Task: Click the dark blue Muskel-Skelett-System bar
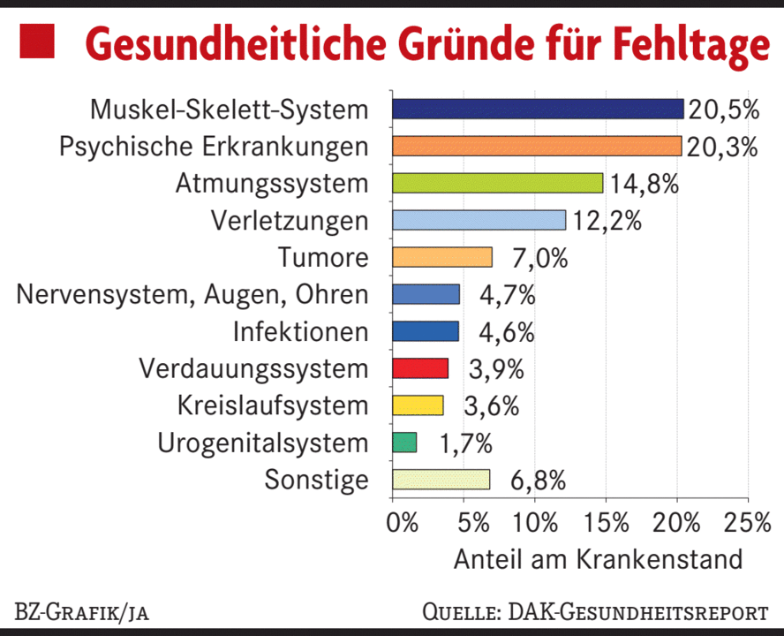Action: [x=538, y=109]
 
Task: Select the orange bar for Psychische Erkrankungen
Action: [x=537, y=146]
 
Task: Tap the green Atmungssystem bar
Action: [x=497, y=183]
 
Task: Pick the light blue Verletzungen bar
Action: [x=479, y=220]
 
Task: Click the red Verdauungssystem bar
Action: [x=420, y=368]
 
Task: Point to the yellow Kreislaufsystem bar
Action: [x=418, y=405]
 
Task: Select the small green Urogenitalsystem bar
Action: [x=404, y=443]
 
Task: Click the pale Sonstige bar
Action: [x=441, y=480]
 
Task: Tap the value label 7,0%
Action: [x=540, y=259]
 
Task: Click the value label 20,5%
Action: [x=723, y=110]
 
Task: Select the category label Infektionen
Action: [x=300, y=332]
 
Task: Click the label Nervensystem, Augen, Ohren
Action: [x=192, y=295]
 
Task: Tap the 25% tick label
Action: [x=747, y=521]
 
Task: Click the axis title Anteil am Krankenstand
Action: [x=598, y=560]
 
